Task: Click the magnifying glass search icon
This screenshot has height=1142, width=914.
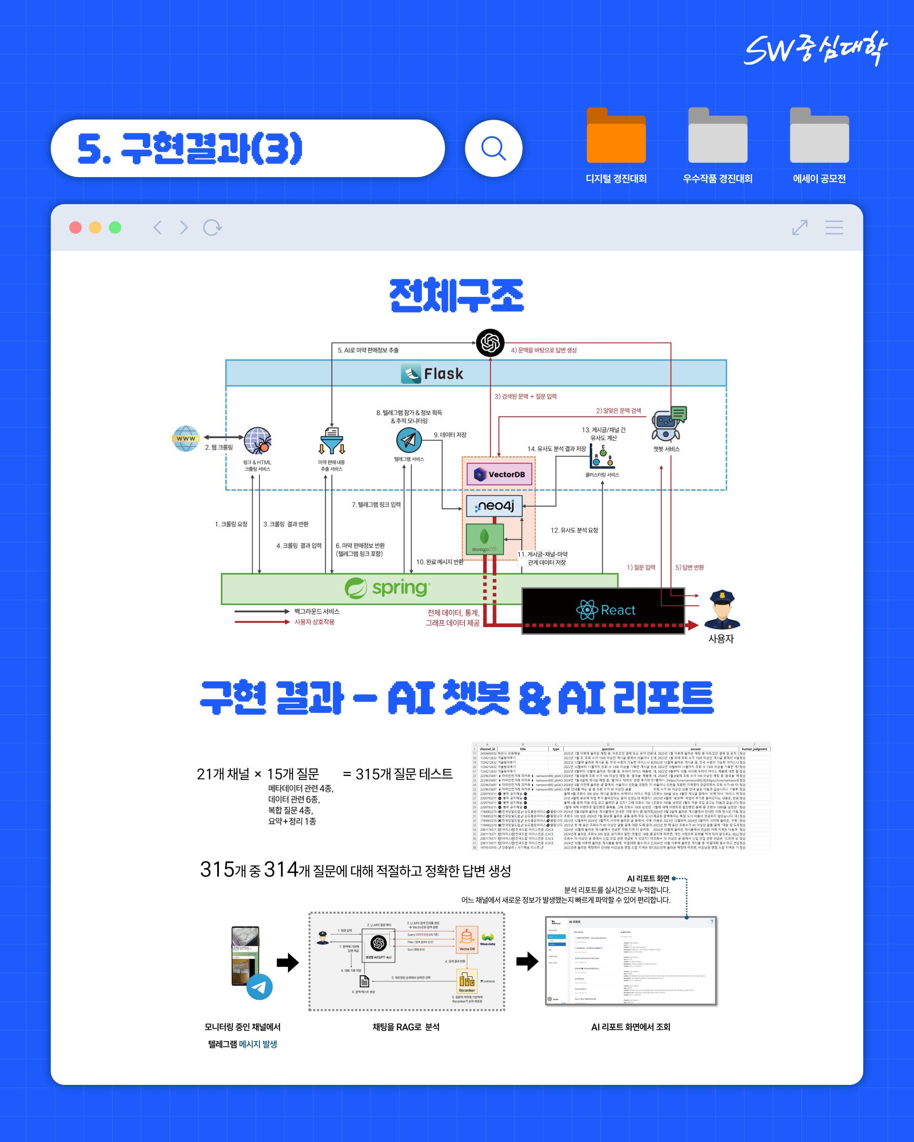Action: click(493, 148)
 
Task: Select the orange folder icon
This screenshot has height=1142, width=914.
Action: click(616, 136)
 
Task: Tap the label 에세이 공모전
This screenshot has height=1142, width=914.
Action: click(819, 178)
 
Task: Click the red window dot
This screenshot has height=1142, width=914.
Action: click(76, 228)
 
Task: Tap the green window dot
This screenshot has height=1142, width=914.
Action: click(115, 228)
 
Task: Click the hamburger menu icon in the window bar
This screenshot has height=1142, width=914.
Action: click(834, 228)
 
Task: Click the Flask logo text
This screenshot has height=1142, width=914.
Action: click(432, 374)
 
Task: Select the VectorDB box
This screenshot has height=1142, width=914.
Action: click(499, 474)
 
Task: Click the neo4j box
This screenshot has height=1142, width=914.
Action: click(494, 506)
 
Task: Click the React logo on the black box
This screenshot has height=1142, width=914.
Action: click(605, 610)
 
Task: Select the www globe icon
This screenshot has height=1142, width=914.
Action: click(186, 439)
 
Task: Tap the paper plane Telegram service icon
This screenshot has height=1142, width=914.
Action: click(408, 440)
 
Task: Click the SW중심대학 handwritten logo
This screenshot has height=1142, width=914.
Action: click(815, 49)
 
